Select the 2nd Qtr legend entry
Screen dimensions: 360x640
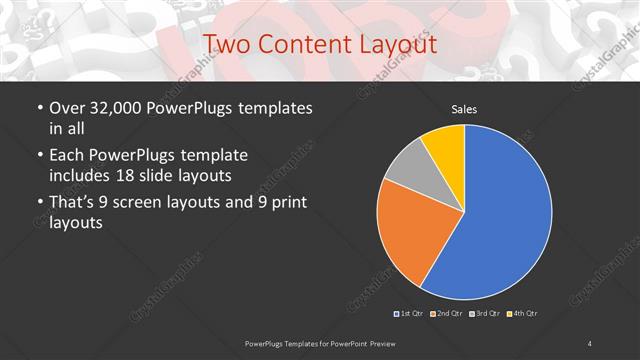pyautogui.click(x=447, y=314)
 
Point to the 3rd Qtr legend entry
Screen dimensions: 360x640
pyautogui.click(x=484, y=314)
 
